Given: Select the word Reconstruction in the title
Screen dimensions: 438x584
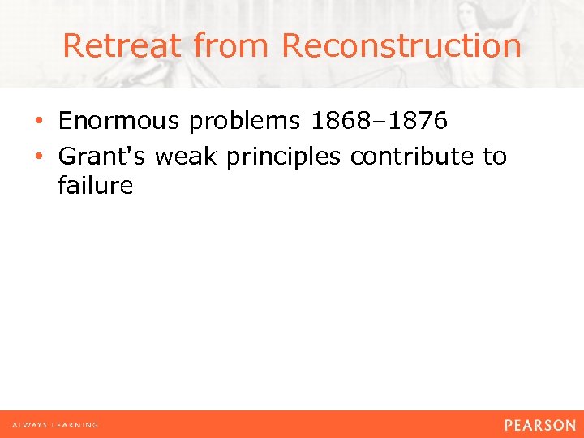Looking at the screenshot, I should pos(401,45).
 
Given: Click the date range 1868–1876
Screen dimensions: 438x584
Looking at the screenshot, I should pos(379,121).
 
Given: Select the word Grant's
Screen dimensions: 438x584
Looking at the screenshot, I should pos(103,155).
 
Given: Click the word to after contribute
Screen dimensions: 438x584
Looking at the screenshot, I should pos(495,155).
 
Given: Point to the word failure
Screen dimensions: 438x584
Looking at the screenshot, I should pos(95,186).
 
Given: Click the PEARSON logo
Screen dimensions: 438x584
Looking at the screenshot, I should pos(539,425).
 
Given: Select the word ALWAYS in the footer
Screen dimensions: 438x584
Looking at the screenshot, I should pos(30,425).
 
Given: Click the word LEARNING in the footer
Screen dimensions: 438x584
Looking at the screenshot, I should pos(75,425).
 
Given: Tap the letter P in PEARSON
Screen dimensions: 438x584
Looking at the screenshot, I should pos(509,425).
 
